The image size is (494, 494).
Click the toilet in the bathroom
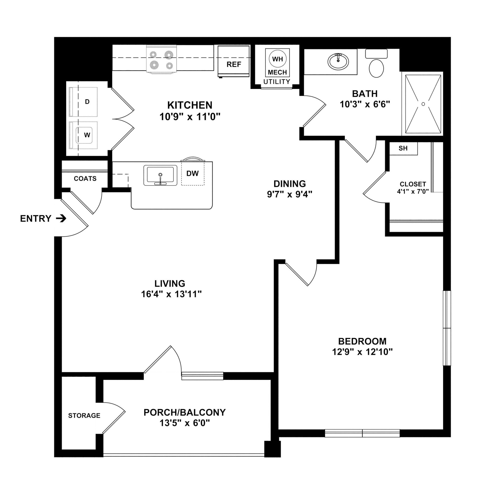(376, 64)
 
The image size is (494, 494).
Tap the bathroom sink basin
(338, 62)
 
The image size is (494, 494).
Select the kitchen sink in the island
(160, 175)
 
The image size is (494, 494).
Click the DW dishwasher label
(192, 173)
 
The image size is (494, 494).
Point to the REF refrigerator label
(234, 64)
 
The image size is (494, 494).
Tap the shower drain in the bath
(423, 104)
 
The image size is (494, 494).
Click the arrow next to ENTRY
(61, 219)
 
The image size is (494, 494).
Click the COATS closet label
(85, 178)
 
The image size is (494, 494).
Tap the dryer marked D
(83, 102)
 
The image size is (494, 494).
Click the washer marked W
(83, 135)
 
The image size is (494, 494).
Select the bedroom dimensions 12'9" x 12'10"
(362, 352)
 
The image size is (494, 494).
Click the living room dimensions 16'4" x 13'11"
(171, 294)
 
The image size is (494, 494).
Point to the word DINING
(290, 184)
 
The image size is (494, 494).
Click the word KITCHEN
(190, 105)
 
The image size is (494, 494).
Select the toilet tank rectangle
(376, 54)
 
